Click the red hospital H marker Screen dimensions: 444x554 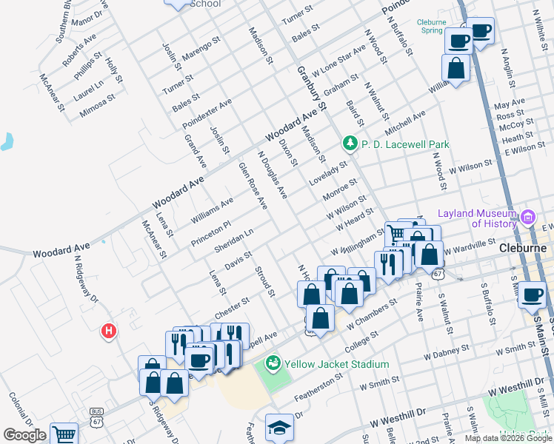(109, 330)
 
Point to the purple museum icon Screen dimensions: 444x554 (528, 218)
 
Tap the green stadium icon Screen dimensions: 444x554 (273, 363)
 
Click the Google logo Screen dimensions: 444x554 (24, 436)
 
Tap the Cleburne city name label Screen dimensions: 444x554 (522, 249)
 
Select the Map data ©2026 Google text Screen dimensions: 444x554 (507, 438)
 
